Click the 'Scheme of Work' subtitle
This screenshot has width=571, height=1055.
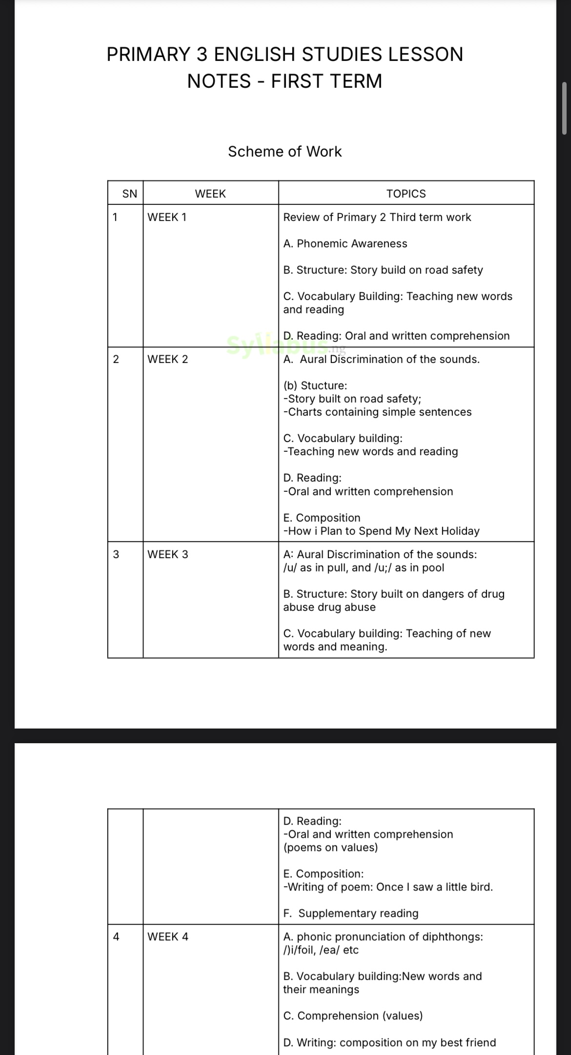coord(285,152)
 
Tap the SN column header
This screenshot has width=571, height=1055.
coord(130,194)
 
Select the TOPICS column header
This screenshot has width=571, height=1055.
coord(406,194)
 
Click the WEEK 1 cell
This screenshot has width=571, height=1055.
coord(167,218)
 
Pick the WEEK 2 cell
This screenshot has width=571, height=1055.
coord(167,360)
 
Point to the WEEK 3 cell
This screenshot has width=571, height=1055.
coord(167,555)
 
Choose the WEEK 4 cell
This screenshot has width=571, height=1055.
coord(167,937)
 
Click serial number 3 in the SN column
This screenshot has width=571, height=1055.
coord(116,555)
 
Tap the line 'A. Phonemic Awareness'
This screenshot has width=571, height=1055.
coord(345,244)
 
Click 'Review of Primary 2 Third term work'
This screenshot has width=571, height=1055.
coord(377,218)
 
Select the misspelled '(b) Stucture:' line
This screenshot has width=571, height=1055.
coord(315,386)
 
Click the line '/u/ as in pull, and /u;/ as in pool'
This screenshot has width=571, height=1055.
coord(364,568)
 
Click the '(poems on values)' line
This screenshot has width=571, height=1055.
coord(330,848)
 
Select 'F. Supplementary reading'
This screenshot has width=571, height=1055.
coord(351,913)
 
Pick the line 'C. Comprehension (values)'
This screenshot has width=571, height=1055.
coord(353,1016)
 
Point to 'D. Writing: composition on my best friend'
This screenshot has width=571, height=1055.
coord(389,1043)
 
